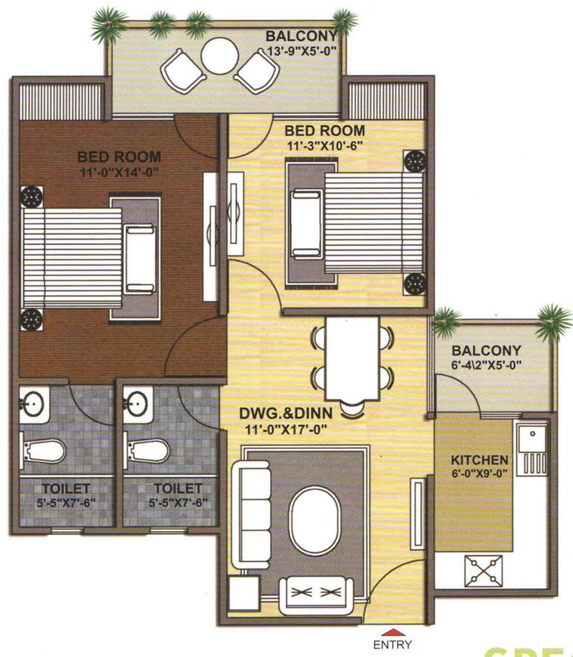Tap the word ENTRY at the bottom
click(392, 645)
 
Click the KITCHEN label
click(479, 460)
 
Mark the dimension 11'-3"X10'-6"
click(326, 144)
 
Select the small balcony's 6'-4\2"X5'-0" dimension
click(486, 365)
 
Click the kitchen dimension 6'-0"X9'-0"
click(479, 475)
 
